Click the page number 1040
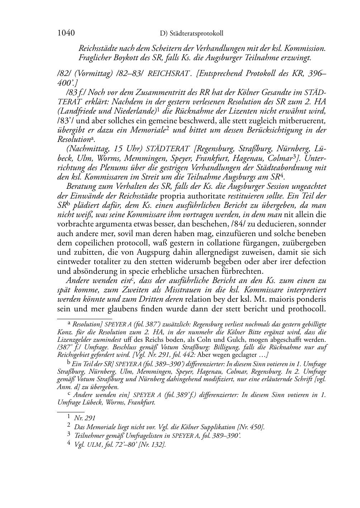(66, 33)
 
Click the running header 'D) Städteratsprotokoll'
(191, 34)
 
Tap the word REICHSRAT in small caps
(168, 74)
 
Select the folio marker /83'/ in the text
(66, 121)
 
